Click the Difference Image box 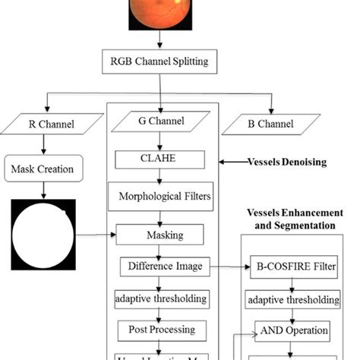pos(163,267)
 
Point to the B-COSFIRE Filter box pos(293,267)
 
